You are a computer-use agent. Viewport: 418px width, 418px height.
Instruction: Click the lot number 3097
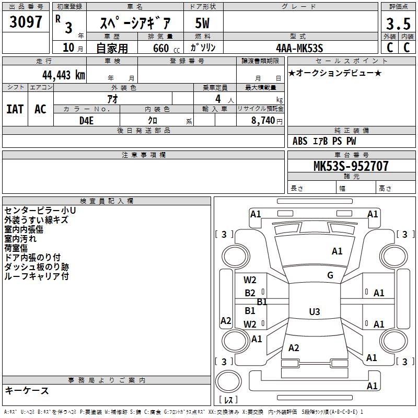[26, 23]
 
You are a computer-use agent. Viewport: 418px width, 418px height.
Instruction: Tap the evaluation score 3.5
[397, 24]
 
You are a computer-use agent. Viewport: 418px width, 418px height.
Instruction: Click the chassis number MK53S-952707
[351, 166]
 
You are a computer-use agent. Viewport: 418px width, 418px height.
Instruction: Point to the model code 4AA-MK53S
[299, 48]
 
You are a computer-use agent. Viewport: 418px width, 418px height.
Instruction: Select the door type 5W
[203, 24]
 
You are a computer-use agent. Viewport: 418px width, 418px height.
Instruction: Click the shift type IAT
[15, 109]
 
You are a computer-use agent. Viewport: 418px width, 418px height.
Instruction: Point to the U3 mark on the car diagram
[314, 312]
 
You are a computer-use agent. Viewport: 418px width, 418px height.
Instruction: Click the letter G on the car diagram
[330, 275]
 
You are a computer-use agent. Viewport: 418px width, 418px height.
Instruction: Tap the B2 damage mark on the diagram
[250, 293]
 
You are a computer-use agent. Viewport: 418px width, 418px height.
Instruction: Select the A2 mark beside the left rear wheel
[226, 321]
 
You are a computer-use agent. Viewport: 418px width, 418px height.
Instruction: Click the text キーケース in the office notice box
[27, 390]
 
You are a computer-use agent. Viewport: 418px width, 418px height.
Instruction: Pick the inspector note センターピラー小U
[40, 211]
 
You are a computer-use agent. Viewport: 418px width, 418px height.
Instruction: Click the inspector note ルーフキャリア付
[37, 276]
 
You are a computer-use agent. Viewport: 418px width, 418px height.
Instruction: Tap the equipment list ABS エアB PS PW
[324, 141]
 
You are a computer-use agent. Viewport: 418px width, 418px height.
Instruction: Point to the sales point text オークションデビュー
[334, 73]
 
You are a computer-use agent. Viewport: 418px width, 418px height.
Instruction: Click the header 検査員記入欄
[107, 201]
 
